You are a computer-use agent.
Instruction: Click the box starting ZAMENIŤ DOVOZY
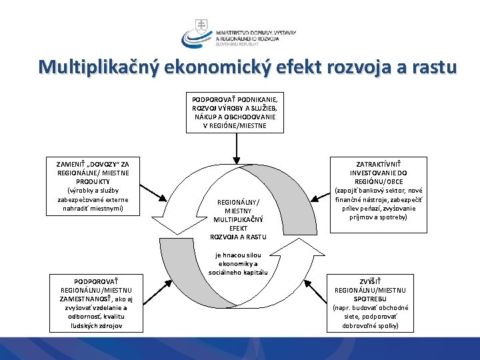(x=93, y=186)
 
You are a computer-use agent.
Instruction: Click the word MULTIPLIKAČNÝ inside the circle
(x=239, y=219)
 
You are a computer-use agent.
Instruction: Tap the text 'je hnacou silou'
(x=238, y=255)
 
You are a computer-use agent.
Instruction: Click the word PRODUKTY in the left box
(x=93, y=181)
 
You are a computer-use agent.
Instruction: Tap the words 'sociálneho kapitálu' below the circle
(x=238, y=272)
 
